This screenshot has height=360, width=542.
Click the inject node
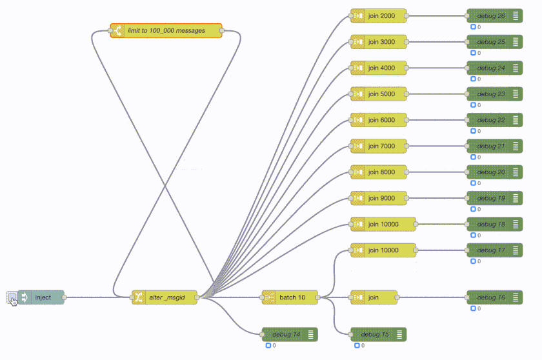[x=43, y=297]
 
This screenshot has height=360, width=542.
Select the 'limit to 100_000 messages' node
[x=166, y=30]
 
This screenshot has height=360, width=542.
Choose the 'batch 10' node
[x=292, y=297]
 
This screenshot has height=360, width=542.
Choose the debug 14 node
[x=288, y=334]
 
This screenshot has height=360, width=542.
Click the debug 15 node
[x=377, y=334]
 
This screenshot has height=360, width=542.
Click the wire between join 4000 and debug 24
[x=439, y=68]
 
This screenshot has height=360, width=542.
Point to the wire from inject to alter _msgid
[x=97, y=297]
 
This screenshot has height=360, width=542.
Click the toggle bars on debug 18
[x=516, y=224]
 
